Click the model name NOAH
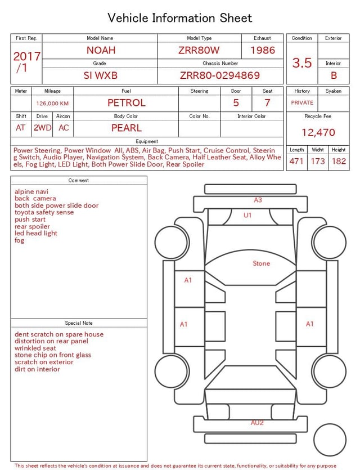[101, 50]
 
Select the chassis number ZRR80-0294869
[220, 75]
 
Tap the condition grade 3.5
[302, 62]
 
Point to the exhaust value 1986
[263, 50]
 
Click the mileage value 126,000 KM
[52, 104]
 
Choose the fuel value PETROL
[127, 103]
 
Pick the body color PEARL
[127, 128]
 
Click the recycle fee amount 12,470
[318, 132]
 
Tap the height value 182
[339, 161]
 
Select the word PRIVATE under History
[302, 102]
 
